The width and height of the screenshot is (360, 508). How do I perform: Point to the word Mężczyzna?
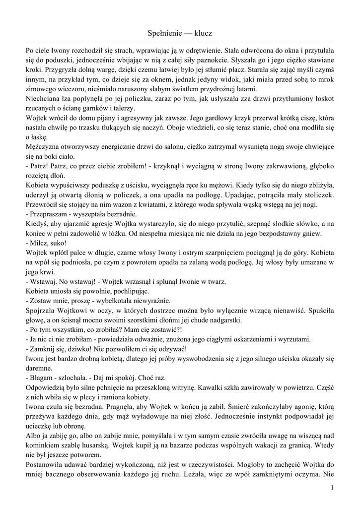[x=43, y=147]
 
